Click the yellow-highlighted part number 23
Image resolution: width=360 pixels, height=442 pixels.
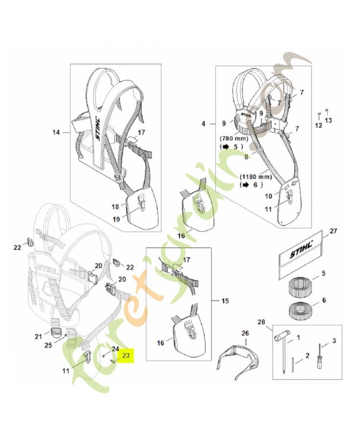(126, 356)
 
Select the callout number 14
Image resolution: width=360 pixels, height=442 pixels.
(56, 132)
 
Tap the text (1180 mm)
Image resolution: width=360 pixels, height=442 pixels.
(255, 176)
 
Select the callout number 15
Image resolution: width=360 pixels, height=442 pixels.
(225, 301)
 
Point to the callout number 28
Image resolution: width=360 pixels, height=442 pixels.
(261, 322)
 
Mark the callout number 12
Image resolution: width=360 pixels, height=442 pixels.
(317, 125)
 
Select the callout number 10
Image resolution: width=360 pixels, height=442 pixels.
(269, 196)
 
